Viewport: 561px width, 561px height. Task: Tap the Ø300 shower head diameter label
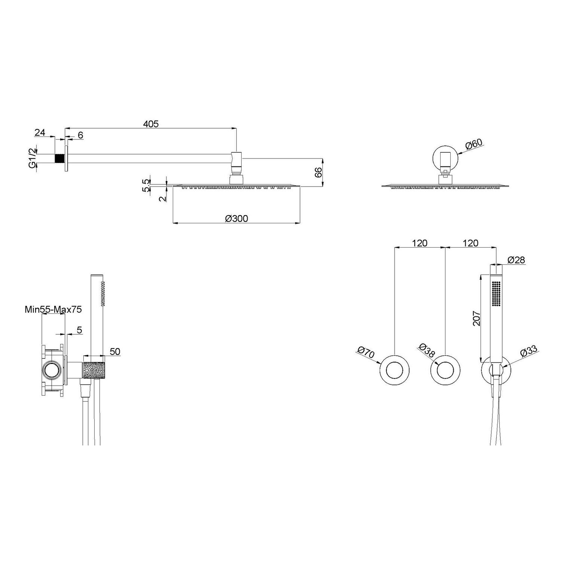(236, 218)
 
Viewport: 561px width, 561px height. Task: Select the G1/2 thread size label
(33, 158)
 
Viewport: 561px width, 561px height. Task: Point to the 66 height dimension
(318, 172)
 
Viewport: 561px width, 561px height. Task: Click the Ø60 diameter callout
(475, 144)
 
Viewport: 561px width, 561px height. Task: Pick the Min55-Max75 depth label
(53, 309)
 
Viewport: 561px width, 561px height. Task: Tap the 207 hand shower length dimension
(476, 318)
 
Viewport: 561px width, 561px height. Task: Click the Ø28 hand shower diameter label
(516, 260)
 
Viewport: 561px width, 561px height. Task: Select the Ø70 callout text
(366, 353)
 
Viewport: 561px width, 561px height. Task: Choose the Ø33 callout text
(528, 352)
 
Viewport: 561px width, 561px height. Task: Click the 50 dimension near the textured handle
(115, 352)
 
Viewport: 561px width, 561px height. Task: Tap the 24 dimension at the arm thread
(40, 132)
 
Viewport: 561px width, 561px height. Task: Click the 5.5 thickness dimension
(146, 185)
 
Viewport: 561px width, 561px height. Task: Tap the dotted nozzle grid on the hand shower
(496, 294)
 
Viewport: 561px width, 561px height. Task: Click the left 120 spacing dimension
(420, 243)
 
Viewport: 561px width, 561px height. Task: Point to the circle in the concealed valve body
(51, 371)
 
